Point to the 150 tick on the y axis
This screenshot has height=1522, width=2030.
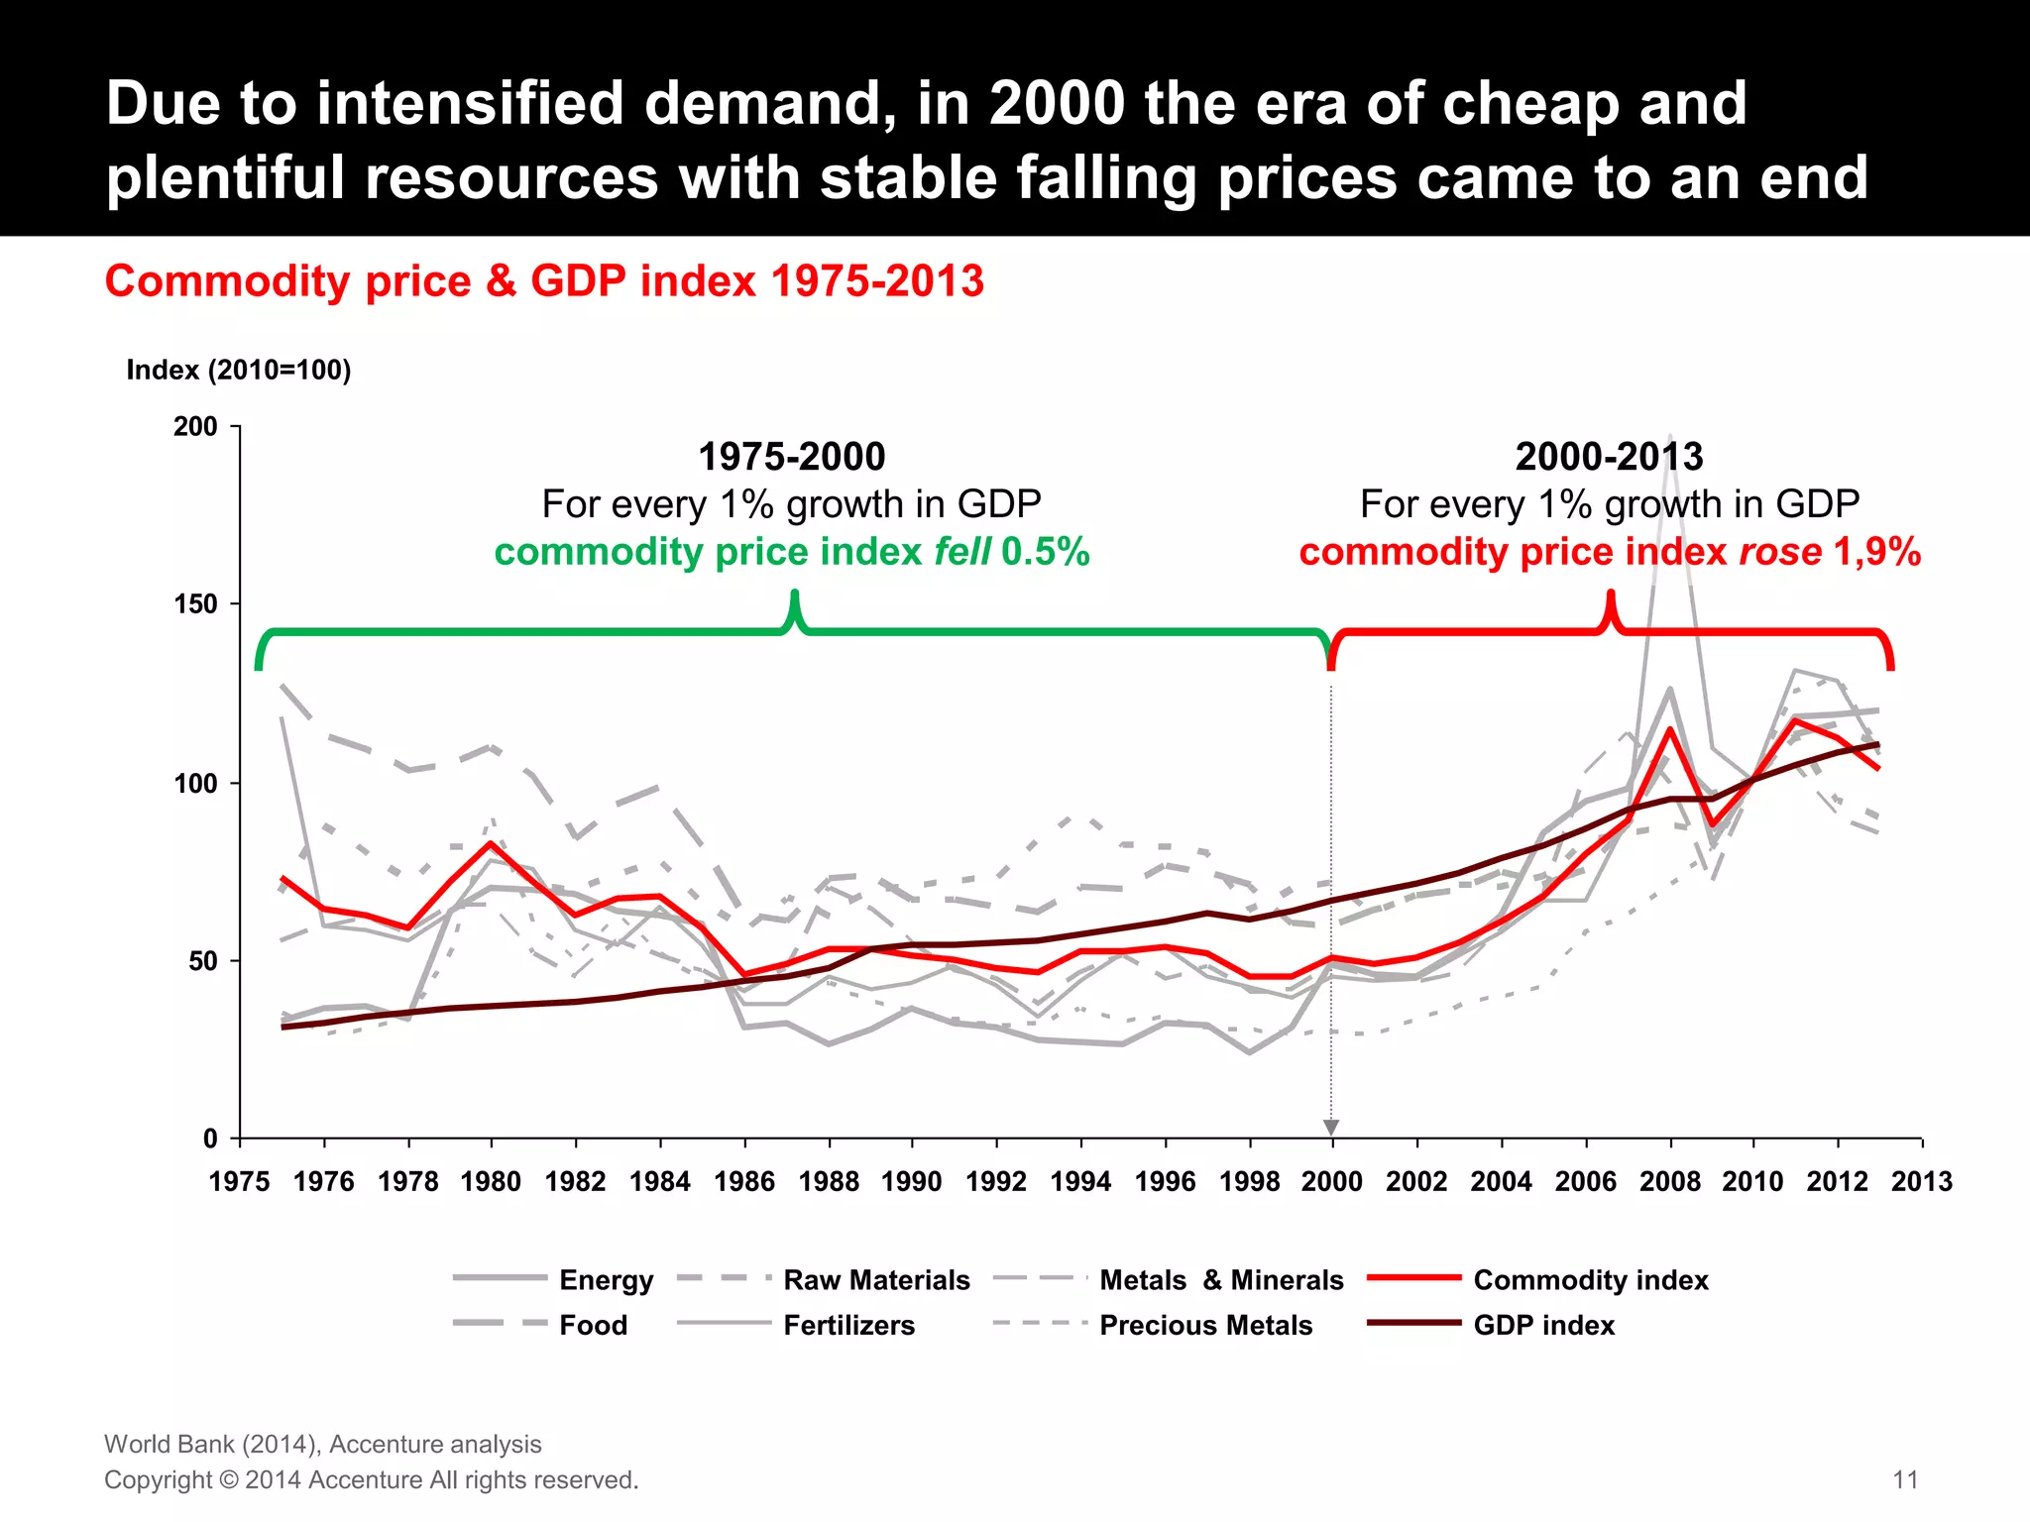pos(195,604)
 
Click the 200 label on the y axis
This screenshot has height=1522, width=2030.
pos(195,427)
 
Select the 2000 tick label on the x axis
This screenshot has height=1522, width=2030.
pos(1331,1182)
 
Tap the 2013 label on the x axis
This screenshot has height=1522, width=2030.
pos(1921,1182)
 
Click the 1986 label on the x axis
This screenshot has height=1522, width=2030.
pos(744,1182)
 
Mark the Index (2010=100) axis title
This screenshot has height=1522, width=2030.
pos(239,371)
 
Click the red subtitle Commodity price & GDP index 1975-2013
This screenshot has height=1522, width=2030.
pos(544,281)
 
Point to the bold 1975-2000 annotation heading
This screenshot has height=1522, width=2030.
pos(791,457)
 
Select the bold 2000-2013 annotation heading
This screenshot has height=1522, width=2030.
pos(1609,457)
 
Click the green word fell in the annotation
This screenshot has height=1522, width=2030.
pos(962,552)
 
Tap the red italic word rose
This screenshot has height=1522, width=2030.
pos(1780,552)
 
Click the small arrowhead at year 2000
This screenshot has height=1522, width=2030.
pos(1331,1128)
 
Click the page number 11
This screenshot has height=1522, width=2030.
pos(1905,1479)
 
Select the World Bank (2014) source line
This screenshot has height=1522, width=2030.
pos(323,1444)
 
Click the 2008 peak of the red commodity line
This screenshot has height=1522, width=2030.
pos(1670,729)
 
